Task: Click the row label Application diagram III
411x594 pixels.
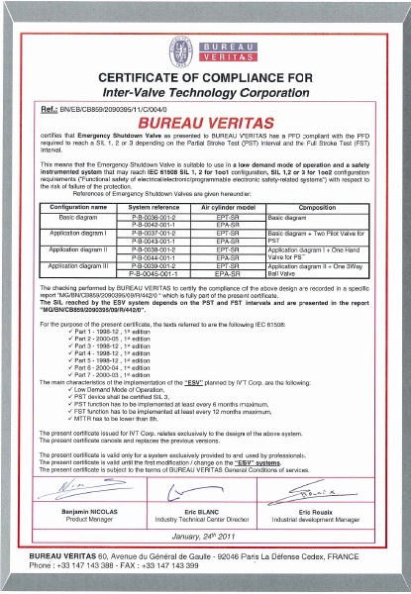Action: (x=71, y=266)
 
